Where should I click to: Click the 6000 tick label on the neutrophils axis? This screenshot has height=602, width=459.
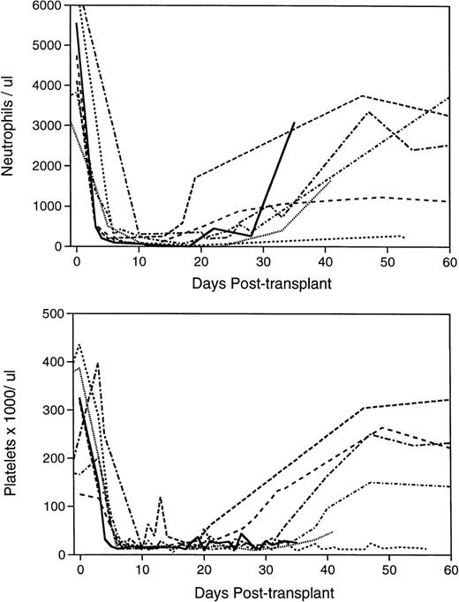pyautogui.click(x=49, y=5)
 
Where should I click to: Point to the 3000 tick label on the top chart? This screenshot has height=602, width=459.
pyautogui.click(x=49, y=125)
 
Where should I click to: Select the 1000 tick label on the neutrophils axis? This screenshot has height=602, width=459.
pyautogui.click(x=49, y=206)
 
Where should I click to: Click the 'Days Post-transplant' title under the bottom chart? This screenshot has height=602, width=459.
pyautogui.click(x=263, y=589)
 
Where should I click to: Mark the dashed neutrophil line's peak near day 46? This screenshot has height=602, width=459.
pyautogui.click(x=362, y=95)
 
